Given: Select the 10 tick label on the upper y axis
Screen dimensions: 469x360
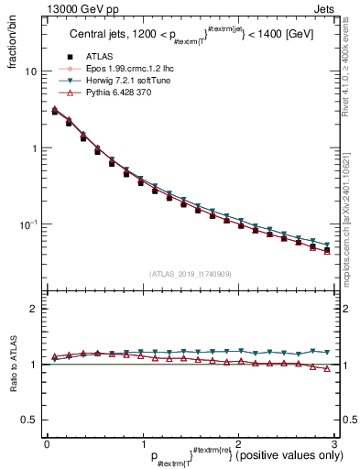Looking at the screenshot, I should [x=30, y=71].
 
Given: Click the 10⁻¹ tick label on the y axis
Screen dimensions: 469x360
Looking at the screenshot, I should [x=28, y=224].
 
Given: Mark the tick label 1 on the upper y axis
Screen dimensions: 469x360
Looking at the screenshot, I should [x=33, y=148].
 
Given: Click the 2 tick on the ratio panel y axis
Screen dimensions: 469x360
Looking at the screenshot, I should [x=33, y=310].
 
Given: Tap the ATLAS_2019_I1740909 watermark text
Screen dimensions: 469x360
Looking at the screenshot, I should [x=190, y=273].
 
